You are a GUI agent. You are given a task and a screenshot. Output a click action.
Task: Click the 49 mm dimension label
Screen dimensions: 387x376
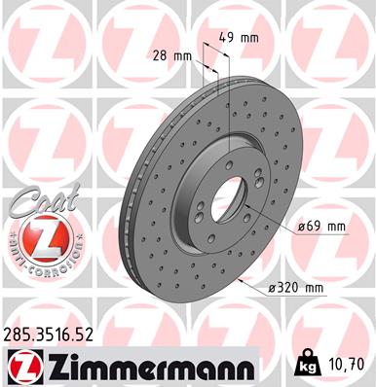(x=238, y=39)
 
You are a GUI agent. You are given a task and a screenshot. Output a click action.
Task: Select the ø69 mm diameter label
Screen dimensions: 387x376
(x=320, y=227)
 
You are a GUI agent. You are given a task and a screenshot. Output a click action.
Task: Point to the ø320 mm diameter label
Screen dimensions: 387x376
(x=296, y=288)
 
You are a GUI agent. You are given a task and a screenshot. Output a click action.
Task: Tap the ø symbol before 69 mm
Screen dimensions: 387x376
(x=298, y=227)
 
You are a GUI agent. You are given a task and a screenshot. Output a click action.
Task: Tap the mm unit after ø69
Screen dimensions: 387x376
(x=335, y=227)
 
